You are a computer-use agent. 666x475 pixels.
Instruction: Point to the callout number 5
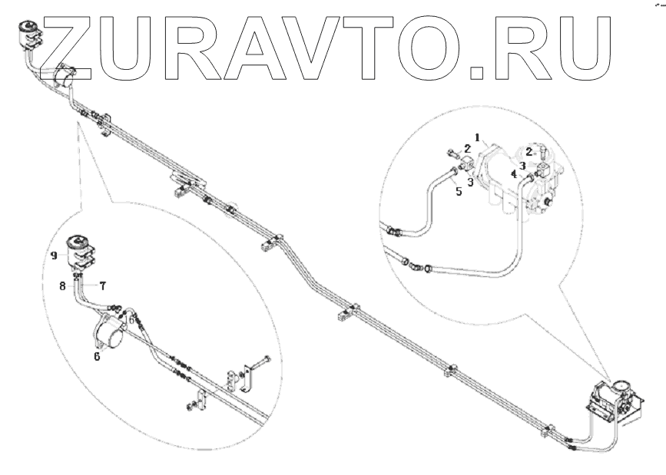tap(458, 192)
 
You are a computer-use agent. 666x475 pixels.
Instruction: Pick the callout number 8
tap(63, 285)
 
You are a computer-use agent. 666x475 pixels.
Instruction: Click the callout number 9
tap(55, 256)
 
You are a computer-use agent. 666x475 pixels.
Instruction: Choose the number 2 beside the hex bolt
tap(467, 147)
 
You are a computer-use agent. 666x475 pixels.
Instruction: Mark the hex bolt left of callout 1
tap(451, 151)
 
